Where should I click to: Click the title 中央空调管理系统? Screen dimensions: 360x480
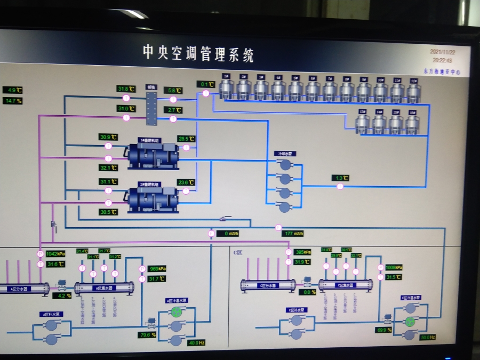tap(198, 53)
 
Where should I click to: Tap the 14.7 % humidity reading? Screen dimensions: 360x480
tap(13, 101)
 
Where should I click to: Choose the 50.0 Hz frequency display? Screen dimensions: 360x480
tap(428, 337)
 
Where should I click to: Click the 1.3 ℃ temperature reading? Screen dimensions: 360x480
tap(341, 178)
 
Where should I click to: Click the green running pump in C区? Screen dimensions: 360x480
tap(410, 321)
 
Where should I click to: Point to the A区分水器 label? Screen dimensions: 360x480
tap(20, 289)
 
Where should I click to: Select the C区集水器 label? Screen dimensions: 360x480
tap(344, 285)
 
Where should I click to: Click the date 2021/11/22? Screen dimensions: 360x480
tap(442, 52)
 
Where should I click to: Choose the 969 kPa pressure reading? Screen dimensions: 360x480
tap(157, 269)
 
